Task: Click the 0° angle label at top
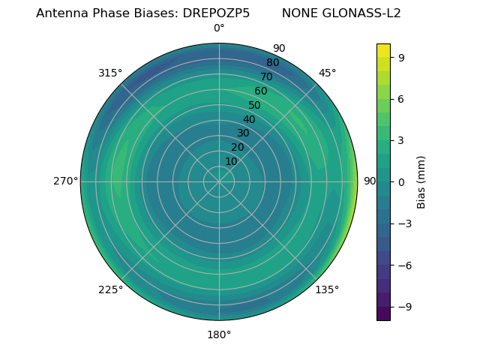click(219, 28)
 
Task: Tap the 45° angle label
click(327, 73)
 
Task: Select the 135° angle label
click(327, 289)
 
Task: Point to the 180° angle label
click(219, 334)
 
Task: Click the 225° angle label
click(110, 289)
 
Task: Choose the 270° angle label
click(65, 181)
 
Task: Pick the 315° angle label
click(110, 73)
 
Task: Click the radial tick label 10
click(231, 161)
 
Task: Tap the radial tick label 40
click(249, 119)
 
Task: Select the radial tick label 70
click(266, 76)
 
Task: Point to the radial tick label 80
click(272, 62)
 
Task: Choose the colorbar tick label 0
click(402, 181)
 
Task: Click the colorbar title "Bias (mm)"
click(421, 181)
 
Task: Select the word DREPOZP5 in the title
click(216, 13)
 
